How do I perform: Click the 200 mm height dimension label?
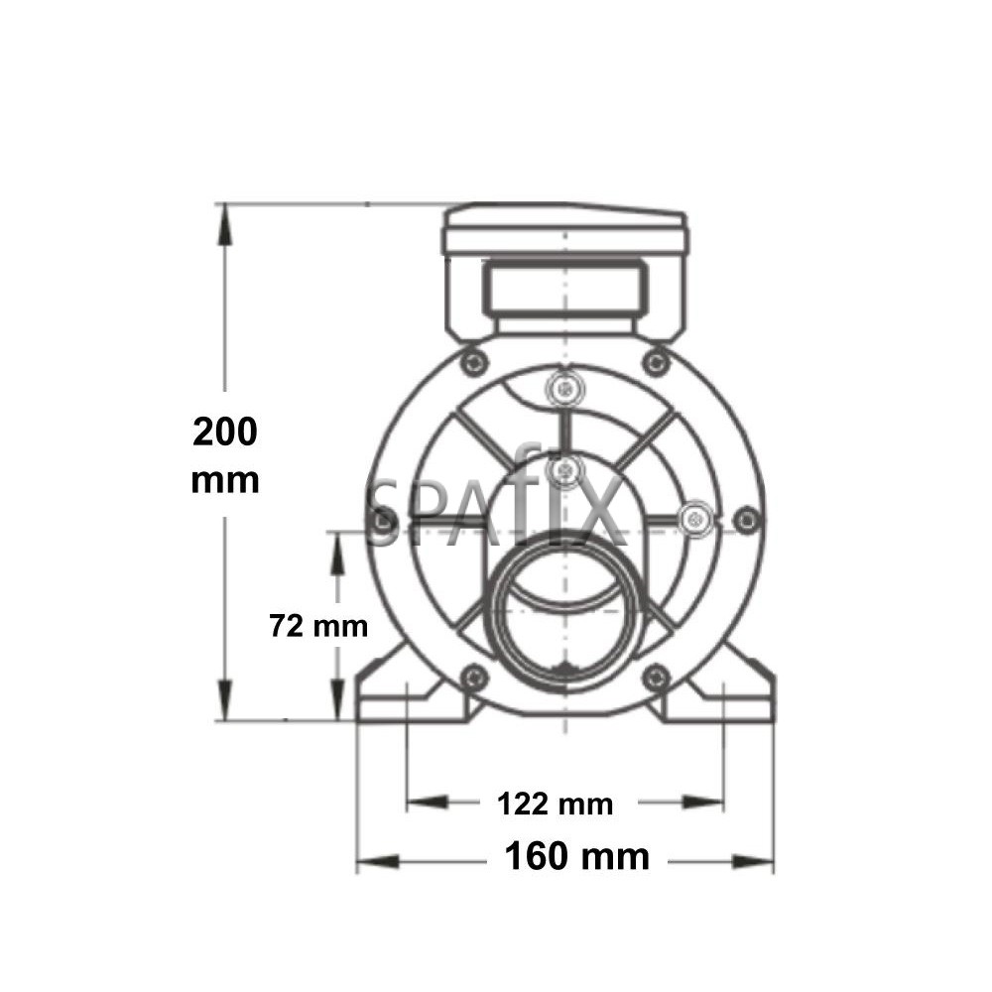(x=225, y=455)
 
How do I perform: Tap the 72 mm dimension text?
(x=318, y=626)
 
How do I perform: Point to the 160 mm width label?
(x=577, y=855)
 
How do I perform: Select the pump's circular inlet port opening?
(x=563, y=615)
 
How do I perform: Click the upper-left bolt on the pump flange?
(x=474, y=360)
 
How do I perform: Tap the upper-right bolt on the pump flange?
(x=655, y=360)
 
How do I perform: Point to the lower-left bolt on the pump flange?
(x=474, y=679)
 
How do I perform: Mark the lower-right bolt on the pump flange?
(x=655, y=679)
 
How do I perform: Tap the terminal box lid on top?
(x=564, y=227)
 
